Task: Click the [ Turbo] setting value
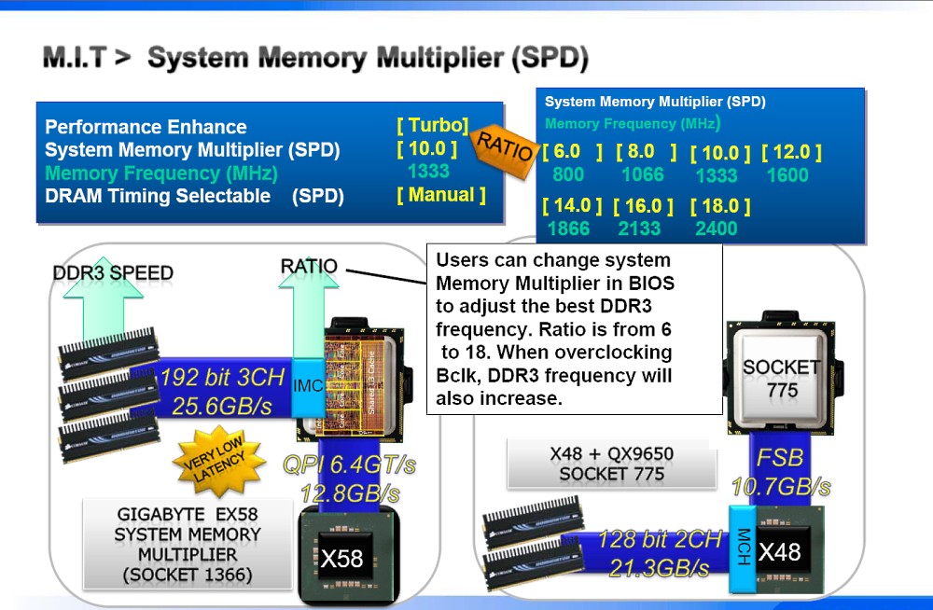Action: pyautogui.click(x=432, y=126)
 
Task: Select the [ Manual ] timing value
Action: pyautogui.click(x=441, y=195)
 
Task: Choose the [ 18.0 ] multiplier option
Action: pyautogui.click(x=721, y=206)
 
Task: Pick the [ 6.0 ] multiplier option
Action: pyautogui.click(x=572, y=152)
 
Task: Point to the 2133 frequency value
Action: pyautogui.click(x=639, y=229)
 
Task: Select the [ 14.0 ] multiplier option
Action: pyautogui.click(x=572, y=206)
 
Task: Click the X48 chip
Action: pyautogui.click(x=779, y=552)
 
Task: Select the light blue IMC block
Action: pyautogui.click(x=307, y=384)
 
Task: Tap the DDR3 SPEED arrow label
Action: pyautogui.click(x=113, y=272)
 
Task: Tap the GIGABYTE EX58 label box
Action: pyautogui.click(x=188, y=545)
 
